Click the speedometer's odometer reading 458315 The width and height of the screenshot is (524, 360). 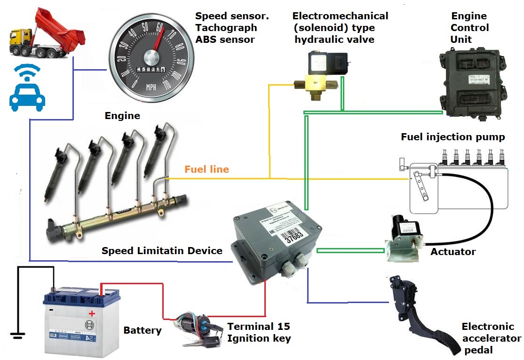pyautogui.click(x=150, y=69)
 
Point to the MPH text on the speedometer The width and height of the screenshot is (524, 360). pyautogui.click(x=151, y=87)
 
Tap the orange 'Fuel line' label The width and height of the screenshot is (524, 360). pyautogui.click(x=206, y=169)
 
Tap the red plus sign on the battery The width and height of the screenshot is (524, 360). pyautogui.click(x=92, y=313)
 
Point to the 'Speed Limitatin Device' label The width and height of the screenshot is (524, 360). pyautogui.click(x=162, y=251)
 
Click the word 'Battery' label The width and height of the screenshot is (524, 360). pyautogui.click(x=142, y=330)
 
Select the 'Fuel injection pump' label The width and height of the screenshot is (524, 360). pyautogui.click(x=453, y=137)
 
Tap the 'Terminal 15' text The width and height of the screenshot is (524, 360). pyautogui.click(x=258, y=327)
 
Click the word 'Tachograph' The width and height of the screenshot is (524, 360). pyautogui.click(x=225, y=28)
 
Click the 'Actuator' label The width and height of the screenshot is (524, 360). pyautogui.click(x=453, y=252)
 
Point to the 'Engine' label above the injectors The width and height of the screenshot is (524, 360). pyautogui.click(x=122, y=115)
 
